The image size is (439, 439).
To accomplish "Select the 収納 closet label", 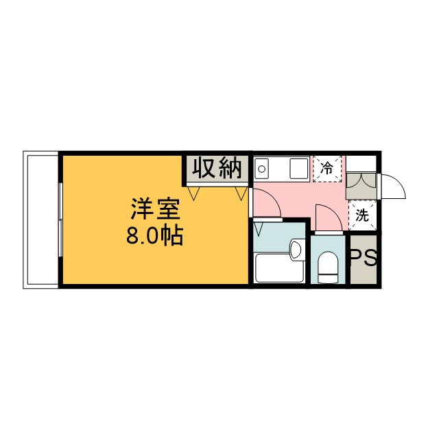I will [215, 167].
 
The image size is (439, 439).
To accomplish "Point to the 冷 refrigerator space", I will [328, 168].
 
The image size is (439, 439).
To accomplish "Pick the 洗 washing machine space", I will [362, 215].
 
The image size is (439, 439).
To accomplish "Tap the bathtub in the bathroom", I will [278, 268].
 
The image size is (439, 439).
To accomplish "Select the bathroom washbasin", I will [296, 249].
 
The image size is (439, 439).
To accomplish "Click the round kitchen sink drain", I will [261, 169].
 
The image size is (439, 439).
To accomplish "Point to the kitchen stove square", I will [299, 168].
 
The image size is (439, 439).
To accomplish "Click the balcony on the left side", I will [42, 219].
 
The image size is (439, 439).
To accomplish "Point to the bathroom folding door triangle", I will [259, 226].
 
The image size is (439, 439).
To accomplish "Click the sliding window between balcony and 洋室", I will [60, 219].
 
